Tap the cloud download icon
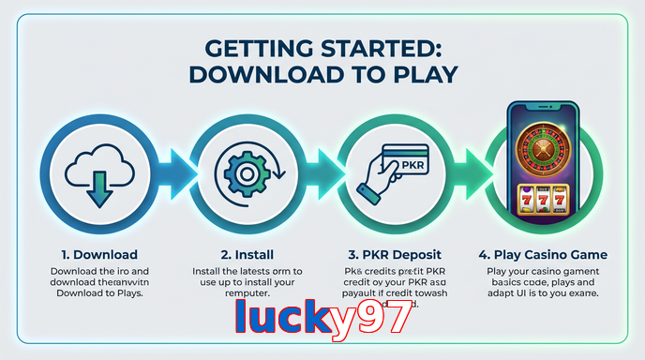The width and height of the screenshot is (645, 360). pos(94,174)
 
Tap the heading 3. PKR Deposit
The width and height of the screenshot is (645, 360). pos(393,254)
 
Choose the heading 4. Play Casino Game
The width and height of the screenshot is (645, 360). pos(541,254)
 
